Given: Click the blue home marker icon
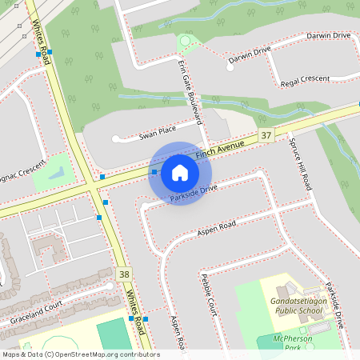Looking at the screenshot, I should (180, 173).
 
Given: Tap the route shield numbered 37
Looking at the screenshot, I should (266, 136).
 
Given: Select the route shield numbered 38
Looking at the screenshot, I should (123, 274).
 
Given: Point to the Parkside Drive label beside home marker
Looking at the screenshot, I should (194, 194).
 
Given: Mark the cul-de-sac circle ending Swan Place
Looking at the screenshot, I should (115, 139).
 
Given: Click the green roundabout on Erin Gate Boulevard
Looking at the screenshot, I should (186, 40).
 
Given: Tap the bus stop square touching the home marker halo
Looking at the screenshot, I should (154, 171).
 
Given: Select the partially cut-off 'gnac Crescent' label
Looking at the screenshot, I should (22, 171).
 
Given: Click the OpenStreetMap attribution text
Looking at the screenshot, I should (80, 354).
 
